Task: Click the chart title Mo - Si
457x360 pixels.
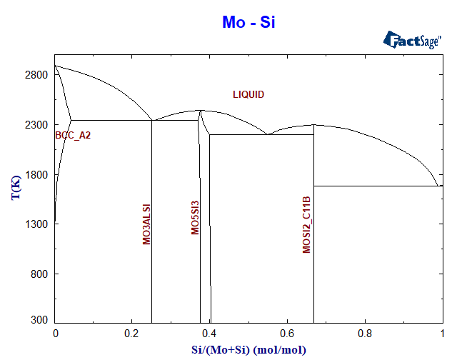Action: point(248,22)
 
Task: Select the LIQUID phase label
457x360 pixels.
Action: point(248,94)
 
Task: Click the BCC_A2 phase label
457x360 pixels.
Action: point(73,135)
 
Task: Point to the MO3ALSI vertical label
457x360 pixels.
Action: point(146,224)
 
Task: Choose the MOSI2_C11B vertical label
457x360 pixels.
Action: point(307,225)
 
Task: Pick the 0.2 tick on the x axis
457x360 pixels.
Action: point(132,334)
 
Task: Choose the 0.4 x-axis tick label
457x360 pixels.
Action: point(209,334)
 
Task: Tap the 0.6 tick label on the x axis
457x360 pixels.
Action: point(287,334)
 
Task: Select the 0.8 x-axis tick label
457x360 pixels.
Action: point(364,334)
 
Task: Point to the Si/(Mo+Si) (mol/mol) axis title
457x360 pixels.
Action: point(248,349)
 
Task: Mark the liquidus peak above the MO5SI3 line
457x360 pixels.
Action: point(201,110)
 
